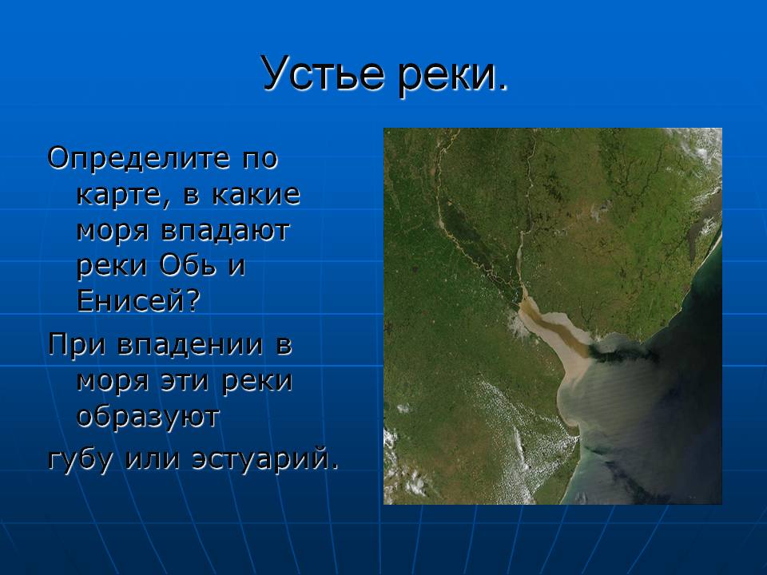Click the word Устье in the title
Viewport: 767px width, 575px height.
click(x=322, y=73)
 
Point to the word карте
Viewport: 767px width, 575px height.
click(x=118, y=195)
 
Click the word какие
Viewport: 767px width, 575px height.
click(x=256, y=194)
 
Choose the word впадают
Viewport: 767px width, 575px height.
click(x=226, y=230)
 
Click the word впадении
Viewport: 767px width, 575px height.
click(x=190, y=346)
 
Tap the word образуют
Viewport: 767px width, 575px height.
click(x=149, y=417)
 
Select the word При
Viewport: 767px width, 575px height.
click(x=77, y=345)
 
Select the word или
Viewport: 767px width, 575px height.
click(x=153, y=460)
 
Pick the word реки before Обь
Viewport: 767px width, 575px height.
click(x=113, y=268)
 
